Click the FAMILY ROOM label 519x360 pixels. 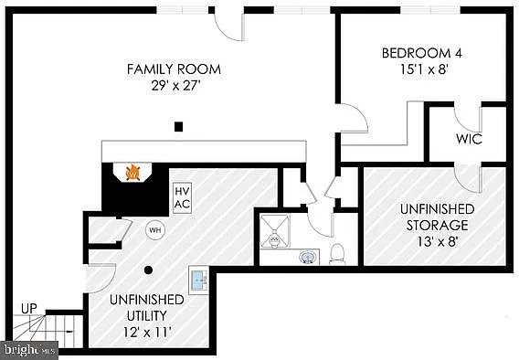tap(174, 69)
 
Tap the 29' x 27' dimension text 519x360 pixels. tap(174, 87)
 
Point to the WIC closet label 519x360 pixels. tap(469, 140)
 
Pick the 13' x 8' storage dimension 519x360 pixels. tap(434, 240)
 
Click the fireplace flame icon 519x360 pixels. tap(132, 171)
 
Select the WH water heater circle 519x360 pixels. tap(154, 228)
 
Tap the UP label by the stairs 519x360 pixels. tap(29, 309)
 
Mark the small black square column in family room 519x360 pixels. tap(180, 126)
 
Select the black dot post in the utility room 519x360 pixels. tap(148, 270)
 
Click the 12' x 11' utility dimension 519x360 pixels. tap(146, 319)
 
